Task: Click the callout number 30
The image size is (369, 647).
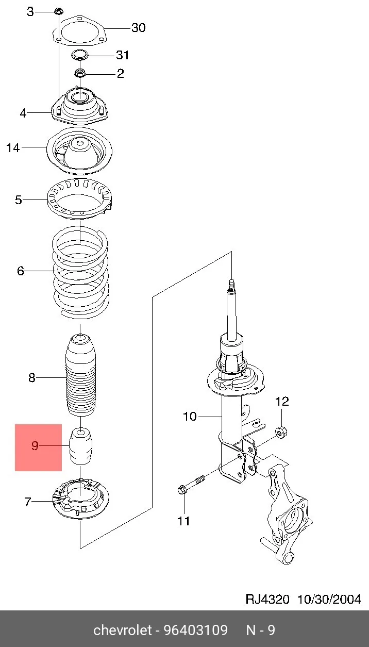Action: click(x=138, y=28)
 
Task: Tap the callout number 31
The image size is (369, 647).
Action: click(x=123, y=55)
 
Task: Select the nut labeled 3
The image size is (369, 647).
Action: click(x=59, y=11)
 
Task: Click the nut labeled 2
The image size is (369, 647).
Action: click(x=80, y=73)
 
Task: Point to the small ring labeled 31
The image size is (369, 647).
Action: click(x=80, y=55)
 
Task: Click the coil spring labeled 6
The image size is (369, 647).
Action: click(x=80, y=273)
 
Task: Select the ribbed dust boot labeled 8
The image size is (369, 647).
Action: click(x=80, y=375)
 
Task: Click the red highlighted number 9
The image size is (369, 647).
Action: click(x=35, y=445)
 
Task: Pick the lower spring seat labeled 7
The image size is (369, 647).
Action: click(x=80, y=499)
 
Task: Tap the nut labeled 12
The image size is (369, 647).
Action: click(x=281, y=432)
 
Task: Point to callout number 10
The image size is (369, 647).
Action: click(x=190, y=416)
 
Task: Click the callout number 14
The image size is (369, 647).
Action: click(x=13, y=147)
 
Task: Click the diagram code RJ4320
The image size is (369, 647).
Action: click(x=267, y=600)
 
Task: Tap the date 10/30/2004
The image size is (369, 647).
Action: click(x=329, y=600)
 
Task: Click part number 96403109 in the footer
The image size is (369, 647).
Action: click(x=196, y=630)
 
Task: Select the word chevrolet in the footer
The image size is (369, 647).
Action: click(x=123, y=630)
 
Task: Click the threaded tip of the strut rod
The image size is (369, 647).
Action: click(x=231, y=285)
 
